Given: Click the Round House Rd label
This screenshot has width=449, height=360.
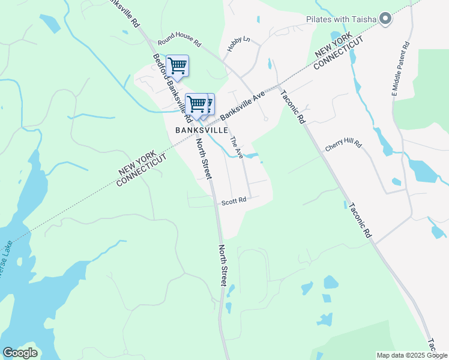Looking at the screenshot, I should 179,43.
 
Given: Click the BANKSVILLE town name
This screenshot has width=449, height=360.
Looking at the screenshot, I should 202,130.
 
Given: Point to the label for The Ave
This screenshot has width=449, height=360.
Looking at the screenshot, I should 237,147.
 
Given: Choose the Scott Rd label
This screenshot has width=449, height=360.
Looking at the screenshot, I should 234,202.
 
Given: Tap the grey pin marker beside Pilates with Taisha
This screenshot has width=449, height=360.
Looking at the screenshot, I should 385,19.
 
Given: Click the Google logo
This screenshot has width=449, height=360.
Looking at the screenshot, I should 20,353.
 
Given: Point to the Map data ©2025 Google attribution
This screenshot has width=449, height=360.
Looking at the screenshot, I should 411,355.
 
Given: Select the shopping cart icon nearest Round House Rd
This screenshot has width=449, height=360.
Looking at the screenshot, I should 177,65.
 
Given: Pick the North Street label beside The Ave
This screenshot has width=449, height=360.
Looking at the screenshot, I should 204,159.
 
